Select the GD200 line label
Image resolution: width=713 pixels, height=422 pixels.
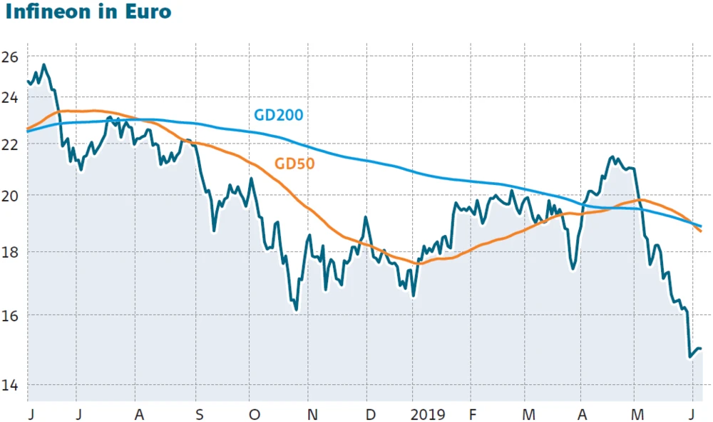(279, 114)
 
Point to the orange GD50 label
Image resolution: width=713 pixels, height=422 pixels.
(295, 164)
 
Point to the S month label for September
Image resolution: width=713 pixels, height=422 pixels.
(200, 413)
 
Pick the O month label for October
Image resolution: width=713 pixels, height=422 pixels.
(255, 413)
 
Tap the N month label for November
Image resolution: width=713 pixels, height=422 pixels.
(310, 413)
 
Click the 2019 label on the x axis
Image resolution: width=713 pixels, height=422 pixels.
(428, 413)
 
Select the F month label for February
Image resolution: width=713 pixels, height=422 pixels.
(472, 413)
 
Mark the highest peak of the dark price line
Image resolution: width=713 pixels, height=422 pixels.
(44, 65)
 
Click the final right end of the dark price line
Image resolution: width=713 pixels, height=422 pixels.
(701, 348)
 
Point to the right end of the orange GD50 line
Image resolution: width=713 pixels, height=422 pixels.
(701, 231)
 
